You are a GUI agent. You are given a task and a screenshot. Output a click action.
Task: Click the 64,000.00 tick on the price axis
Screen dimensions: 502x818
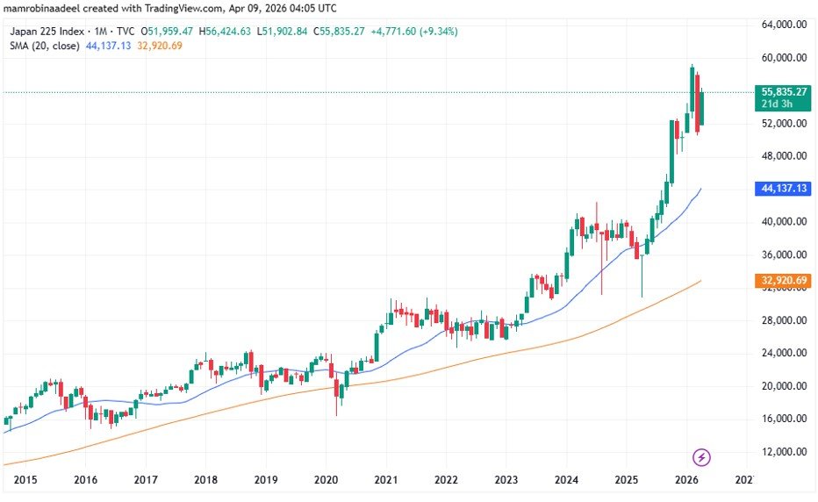(x=784, y=25)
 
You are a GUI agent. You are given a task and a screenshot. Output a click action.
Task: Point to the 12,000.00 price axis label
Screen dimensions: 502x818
(x=784, y=452)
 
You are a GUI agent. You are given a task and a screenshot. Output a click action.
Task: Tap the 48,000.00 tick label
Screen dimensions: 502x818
(x=784, y=156)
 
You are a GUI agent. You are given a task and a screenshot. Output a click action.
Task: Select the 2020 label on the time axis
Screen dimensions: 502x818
(x=326, y=480)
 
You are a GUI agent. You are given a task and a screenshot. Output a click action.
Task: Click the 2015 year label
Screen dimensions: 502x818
(x=25, y=480)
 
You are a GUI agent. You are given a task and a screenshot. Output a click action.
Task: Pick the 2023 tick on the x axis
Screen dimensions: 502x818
(x=506, y=480)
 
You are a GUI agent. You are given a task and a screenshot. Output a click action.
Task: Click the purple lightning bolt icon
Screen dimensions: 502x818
(x=701, y=457)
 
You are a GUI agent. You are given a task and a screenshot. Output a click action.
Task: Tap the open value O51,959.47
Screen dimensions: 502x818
(x=166, y=31)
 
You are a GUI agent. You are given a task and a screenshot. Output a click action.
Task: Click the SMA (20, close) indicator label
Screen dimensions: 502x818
(x=45, y=46)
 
